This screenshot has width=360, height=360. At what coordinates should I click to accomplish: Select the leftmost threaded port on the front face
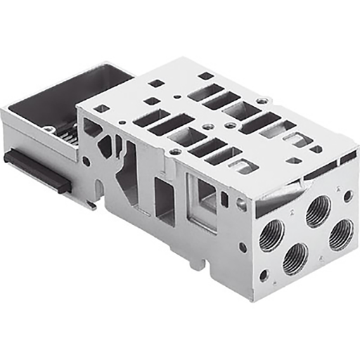[x=271, y=235]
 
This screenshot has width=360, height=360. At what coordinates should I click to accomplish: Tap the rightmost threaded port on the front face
[x=340, y=234]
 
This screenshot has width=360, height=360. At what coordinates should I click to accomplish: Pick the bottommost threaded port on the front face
[x=295, y=259]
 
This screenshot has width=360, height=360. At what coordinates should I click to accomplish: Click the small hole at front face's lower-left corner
[x=264, y=276]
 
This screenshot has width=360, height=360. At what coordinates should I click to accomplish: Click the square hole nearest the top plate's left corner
[x=102, y=108]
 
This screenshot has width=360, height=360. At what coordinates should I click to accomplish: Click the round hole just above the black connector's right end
[x=86, y=161]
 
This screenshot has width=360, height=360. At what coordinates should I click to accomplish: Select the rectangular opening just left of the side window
[x=162, y=201]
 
